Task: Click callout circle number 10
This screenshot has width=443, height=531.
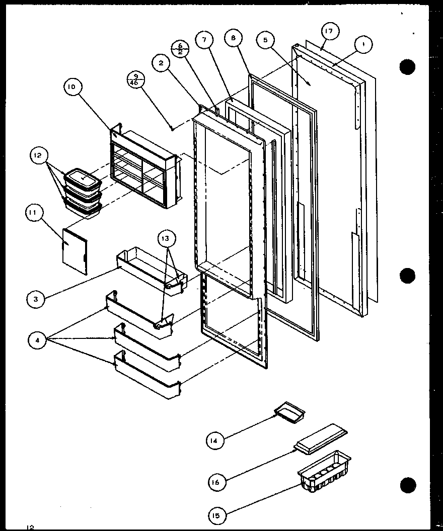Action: (72, 87)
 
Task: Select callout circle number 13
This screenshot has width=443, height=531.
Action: (167, 239)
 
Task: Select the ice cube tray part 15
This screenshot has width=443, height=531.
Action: (324, 472)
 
